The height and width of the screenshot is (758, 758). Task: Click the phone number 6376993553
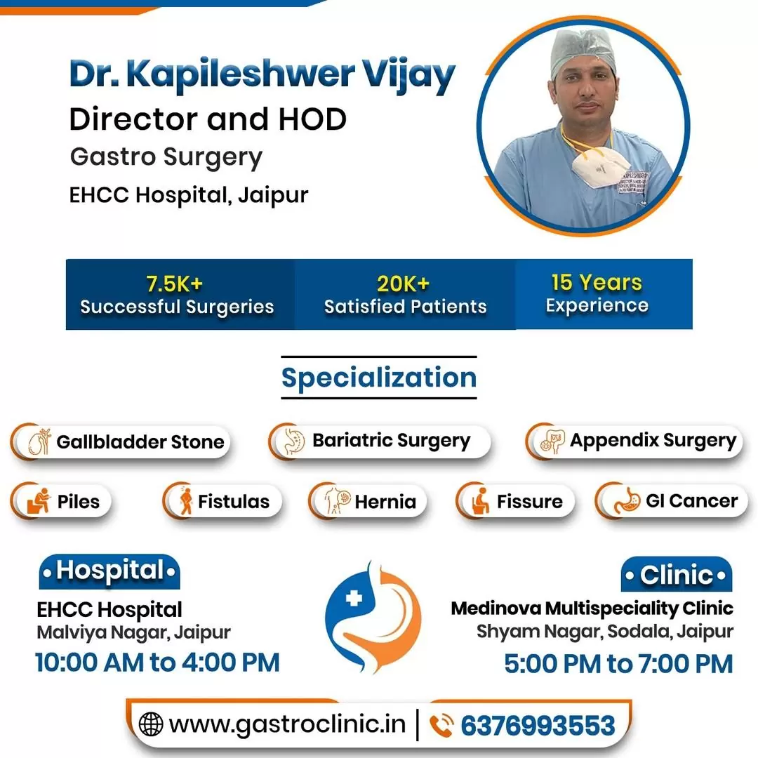538,725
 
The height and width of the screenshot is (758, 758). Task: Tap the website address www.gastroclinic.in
287,724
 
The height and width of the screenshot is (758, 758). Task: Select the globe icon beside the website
151,724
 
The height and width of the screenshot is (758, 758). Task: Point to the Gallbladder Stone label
140,442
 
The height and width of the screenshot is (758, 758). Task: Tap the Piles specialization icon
39,502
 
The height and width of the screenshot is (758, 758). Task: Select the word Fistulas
234,502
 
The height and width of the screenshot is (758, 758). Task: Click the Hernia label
385,502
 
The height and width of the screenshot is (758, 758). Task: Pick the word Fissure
529,502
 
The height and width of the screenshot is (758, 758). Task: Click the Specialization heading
379,378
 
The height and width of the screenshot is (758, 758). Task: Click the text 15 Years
597,283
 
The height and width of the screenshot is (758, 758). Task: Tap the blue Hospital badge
109,571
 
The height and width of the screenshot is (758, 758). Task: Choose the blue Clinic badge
677,576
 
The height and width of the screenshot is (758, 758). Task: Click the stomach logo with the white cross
373,616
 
